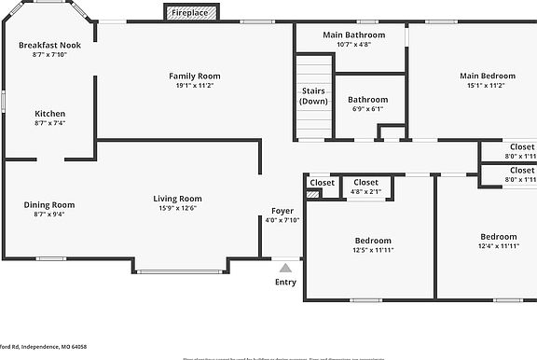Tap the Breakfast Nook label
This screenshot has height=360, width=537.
click(49, 45)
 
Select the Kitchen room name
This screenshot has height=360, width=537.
click(49, 114)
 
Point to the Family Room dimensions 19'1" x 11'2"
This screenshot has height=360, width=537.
click(194, 86)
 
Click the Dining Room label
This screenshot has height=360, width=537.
click(49, 204)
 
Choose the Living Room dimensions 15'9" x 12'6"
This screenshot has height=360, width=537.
click(177, 210)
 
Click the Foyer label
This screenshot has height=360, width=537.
click(282, 211)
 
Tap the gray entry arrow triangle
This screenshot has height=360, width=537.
click(285, 267)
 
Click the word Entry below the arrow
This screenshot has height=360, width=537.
click(285, 283)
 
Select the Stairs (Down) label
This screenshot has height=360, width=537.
click(313, 95)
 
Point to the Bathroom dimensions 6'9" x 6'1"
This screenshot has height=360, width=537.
click(367, 109)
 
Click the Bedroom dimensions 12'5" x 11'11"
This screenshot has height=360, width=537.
click(371, 250)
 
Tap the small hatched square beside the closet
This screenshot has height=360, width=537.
click(313, 194)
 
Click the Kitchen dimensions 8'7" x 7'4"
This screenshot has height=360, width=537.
click(49, 123)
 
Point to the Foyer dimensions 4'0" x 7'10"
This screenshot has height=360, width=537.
click(282, 221)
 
